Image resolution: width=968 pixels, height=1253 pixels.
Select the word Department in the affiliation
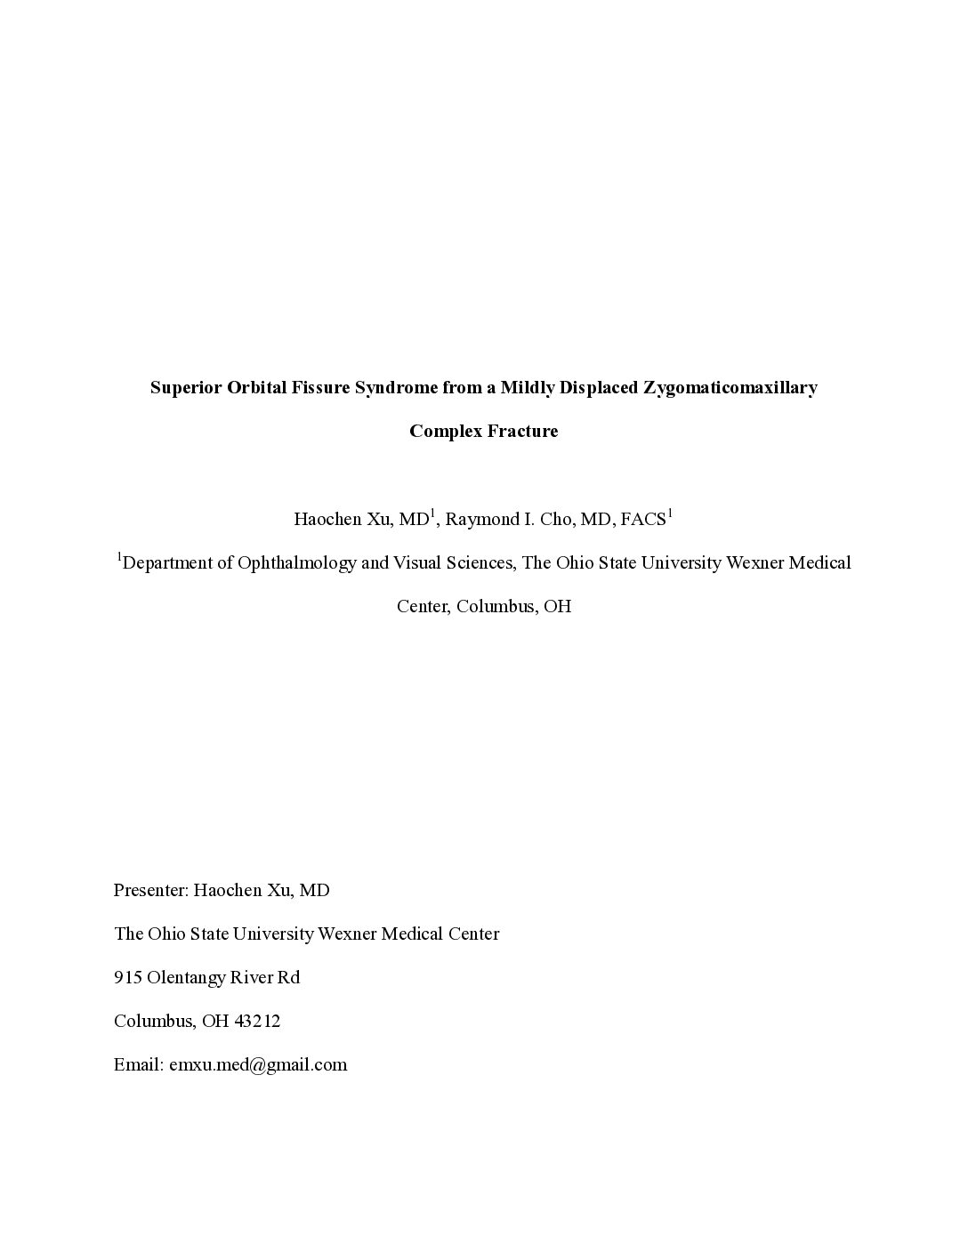[177, 563]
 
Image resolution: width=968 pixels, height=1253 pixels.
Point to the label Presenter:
[150, 891]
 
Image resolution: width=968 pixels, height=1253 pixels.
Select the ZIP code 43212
[257, 1022]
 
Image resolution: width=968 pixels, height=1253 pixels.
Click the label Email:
[138, 1065]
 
